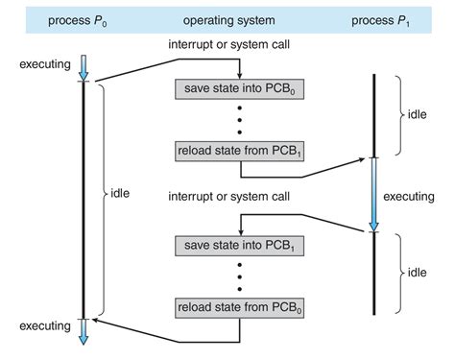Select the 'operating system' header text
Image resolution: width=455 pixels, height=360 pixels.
(x=229, y=17)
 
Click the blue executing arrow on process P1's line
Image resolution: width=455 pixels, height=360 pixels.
(x=374, y=195)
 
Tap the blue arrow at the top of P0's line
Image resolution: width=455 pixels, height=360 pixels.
(x=84, y=66)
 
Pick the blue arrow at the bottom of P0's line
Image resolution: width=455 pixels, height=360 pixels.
(x=84, y=329)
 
